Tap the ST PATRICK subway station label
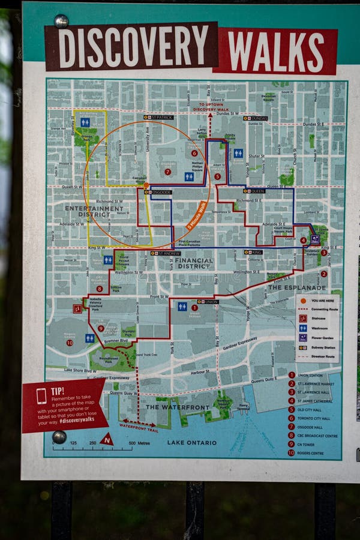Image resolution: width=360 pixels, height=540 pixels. click(x=159, y=117)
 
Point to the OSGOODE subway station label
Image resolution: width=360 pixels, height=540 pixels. click(x=158, y=192)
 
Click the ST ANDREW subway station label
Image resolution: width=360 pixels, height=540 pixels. click(x=166, y=253)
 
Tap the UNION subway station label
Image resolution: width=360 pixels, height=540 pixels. click(x=208, y=301)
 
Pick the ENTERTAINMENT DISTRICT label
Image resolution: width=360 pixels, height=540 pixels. click(x=94, y=211)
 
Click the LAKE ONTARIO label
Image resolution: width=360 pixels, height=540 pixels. click(x=192, y=443)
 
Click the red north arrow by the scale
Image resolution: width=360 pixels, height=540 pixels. click(x=107, y=440)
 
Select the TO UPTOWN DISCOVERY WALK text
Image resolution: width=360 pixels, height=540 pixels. click(x=214, y=107)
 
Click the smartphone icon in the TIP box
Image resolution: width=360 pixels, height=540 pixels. click(x=41, y=395)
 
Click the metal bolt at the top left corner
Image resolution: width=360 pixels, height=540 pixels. click(x=61, y=21)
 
